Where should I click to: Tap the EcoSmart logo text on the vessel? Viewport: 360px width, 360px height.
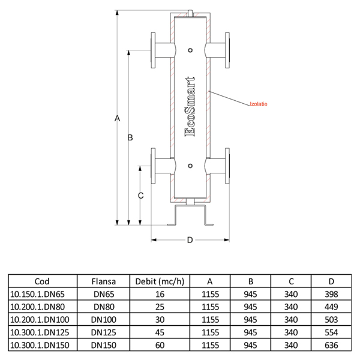point(190,107)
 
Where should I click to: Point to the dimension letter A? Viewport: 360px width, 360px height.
point(118,118)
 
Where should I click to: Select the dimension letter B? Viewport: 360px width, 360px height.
point(130,138)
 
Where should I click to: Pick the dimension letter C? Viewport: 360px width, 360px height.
point(140,196)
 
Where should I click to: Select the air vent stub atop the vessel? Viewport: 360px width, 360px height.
point(190,11)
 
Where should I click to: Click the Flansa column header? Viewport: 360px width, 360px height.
point(103,280)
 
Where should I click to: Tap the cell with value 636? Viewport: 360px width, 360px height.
point(331,345)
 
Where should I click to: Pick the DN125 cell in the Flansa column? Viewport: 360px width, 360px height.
point(103,332)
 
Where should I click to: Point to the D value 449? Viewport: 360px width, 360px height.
point(331,307)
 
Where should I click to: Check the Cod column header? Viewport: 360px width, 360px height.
point(42,280)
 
